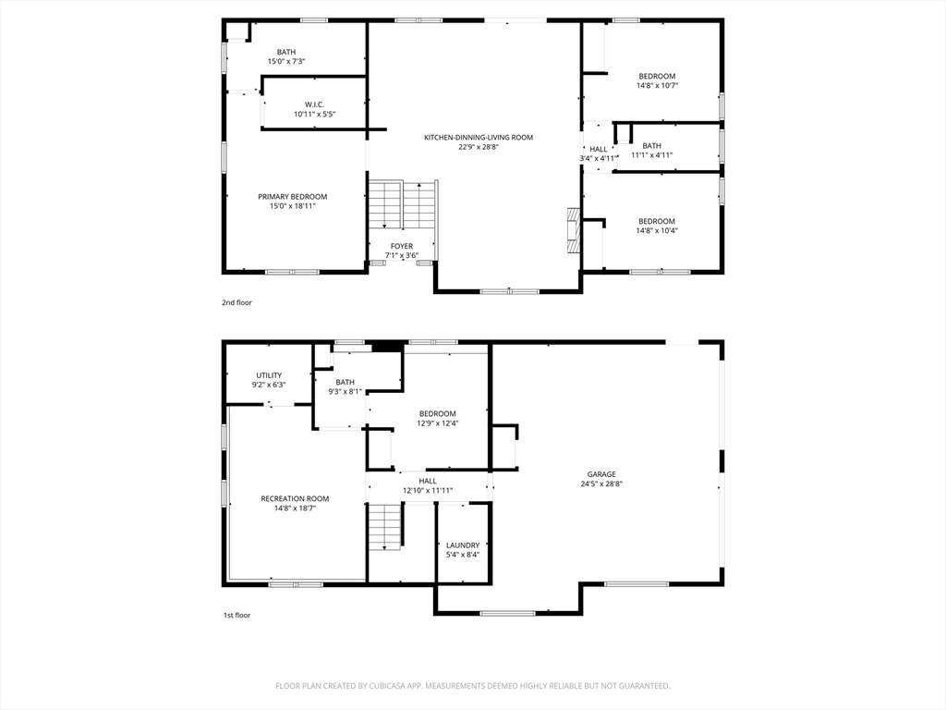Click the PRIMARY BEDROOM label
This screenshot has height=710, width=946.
292,197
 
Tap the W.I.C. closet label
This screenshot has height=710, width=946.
314,104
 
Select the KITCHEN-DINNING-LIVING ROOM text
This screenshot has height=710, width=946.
478,138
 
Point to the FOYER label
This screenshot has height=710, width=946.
401,246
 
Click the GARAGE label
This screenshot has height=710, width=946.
600,474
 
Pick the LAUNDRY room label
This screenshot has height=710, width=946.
463,545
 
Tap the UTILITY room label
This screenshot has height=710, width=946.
269,375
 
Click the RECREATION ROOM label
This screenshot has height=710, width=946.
294,499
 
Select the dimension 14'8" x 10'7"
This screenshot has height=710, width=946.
657,86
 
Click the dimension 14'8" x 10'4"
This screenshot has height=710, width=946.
657,231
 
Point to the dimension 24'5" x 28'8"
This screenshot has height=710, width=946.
600,484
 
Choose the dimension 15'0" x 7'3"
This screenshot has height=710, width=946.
286,62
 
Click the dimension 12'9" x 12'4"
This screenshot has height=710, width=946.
437,423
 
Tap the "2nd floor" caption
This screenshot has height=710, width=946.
236,302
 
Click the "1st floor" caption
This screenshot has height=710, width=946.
236,615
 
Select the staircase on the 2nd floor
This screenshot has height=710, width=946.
402,205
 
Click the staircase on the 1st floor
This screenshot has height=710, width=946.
384,527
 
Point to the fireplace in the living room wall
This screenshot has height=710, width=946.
573,229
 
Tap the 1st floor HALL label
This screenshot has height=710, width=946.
428,481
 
